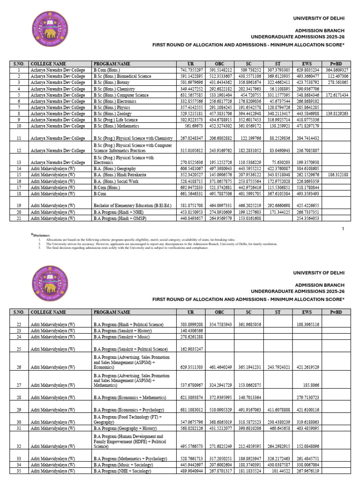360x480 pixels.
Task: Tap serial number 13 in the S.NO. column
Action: [x=19, y=162]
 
